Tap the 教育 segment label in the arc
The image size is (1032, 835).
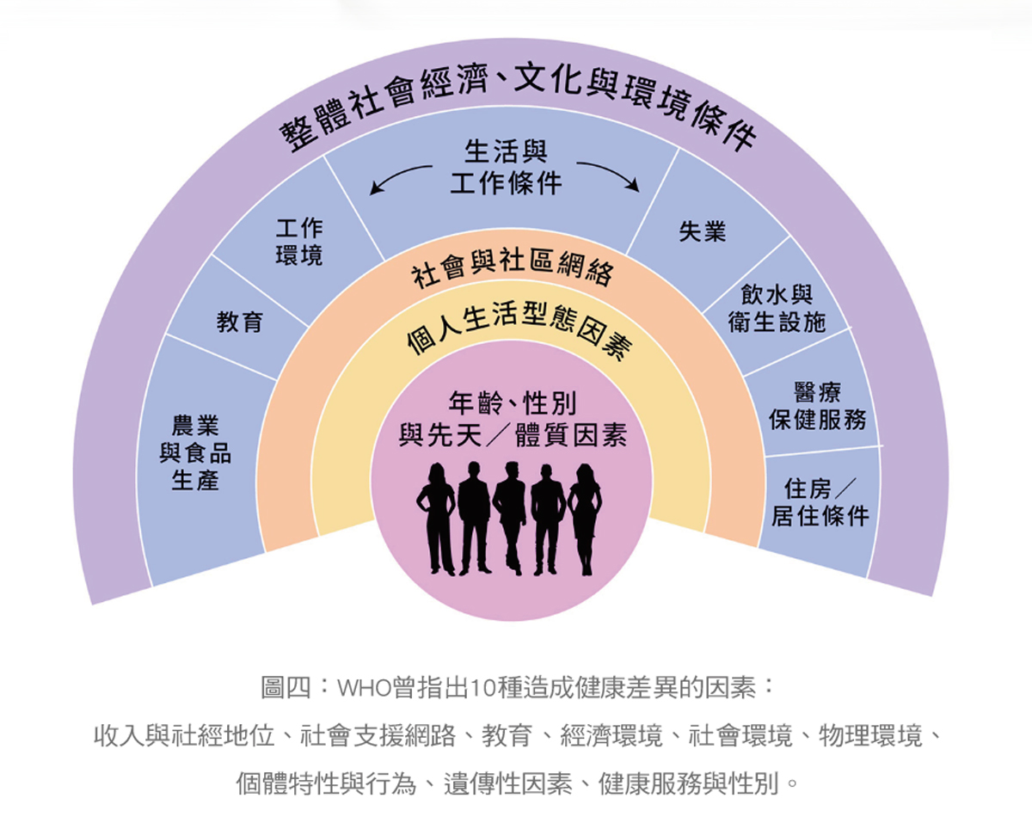(240, 323)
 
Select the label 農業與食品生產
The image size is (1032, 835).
(195, 452)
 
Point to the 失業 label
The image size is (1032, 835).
(702, 231)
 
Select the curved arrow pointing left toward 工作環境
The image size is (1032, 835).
(399, 178)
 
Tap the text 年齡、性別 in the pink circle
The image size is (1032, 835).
(513, 403)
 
